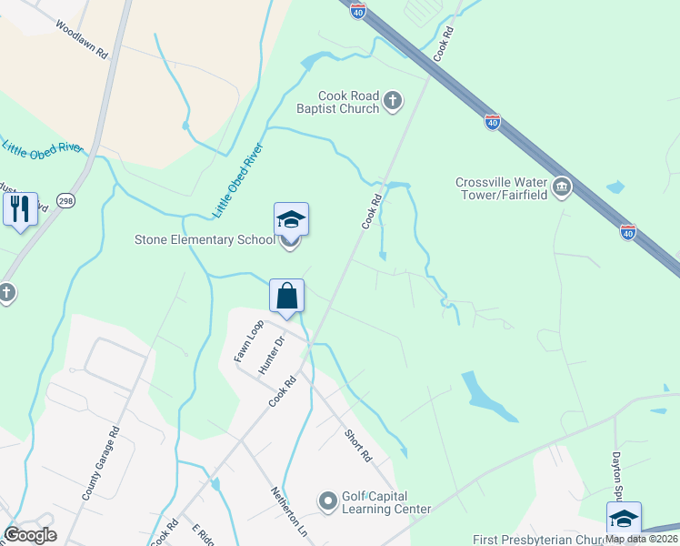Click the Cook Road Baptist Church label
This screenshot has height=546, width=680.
348,102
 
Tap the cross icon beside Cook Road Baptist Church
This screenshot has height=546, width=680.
393,100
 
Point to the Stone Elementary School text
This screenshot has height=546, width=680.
204,240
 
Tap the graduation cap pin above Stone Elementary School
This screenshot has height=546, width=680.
291,220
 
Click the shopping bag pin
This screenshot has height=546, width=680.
287,297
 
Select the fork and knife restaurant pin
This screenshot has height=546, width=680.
20,209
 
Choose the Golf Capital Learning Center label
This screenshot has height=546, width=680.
385,502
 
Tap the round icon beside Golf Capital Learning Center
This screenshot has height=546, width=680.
327,501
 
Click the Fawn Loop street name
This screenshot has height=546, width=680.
248,341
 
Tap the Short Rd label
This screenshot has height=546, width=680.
359,444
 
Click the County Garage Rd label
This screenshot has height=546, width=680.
101,464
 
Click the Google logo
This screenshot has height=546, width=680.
30,535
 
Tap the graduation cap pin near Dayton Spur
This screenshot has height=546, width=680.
624,519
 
